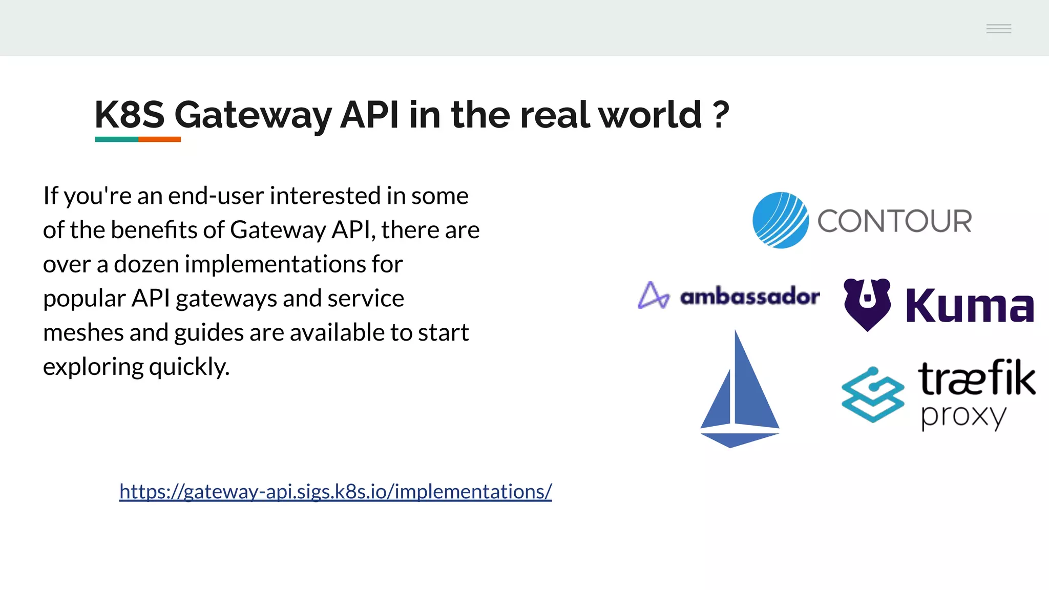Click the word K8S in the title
(x=130, y=115)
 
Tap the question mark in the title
(x=720, y=115)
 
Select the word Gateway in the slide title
(x=253, y=116)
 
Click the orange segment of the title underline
(x=159, y=139)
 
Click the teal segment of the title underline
(x=116, y=139)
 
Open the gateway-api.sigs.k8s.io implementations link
(x=335, y=492)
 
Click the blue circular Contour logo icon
(x=780, y=220)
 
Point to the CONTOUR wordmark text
(x=894, y=221)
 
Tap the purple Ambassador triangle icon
(x=653, y=296)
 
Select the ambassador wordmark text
(x=750, y=297)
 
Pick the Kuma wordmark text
(x=970, y=306)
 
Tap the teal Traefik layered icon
(x=872, y=394)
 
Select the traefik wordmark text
(x=976, y=378)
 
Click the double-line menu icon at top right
(x=998, y=29)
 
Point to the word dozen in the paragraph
(x=145, y=264)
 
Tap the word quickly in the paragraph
(x=189, y=367)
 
